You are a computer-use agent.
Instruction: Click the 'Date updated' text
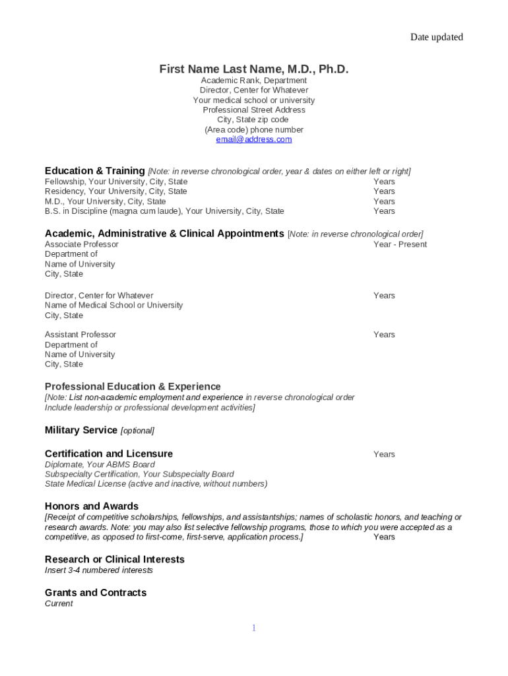coord(436,37)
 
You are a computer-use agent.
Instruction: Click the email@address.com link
coord(254,139)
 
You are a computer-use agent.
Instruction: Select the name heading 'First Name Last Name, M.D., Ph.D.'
coord(254,69)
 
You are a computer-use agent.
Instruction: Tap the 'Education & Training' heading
coord(94,171)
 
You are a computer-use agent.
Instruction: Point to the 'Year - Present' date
coord(400,244)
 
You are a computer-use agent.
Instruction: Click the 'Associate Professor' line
coord(82,244)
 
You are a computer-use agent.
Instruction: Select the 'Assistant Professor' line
coord(80,335)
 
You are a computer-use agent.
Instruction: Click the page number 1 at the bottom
coord(253,628)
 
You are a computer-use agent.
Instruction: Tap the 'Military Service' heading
coord(80,430)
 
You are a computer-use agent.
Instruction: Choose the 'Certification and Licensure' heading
coord(109,454)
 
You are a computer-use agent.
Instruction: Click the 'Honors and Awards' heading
coord(92,506)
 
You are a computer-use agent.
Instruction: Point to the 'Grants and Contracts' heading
coord(96,593)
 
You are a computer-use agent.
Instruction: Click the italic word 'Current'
coord(59,603)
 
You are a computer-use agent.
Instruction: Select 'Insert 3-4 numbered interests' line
coord(99,570)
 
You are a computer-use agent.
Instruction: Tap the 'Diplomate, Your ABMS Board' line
coord(100,464)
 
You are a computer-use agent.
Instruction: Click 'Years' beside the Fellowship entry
coord(384,182)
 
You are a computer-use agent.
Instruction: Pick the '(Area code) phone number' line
coord(254,129)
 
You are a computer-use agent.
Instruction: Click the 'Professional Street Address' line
coord(254,110)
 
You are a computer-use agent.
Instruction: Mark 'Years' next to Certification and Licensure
coord(384,454)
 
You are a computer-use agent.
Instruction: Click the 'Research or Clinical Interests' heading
coord(115,559)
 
